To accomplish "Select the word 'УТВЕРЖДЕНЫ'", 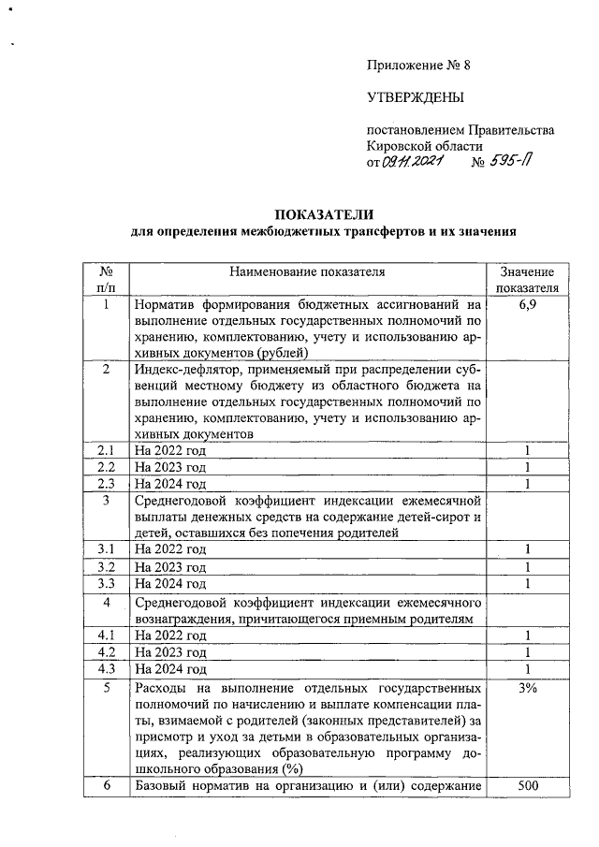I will click(x=415, y=97).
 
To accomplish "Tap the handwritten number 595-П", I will click(x=512, y=161).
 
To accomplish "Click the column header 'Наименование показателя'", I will click(x=307, y=271).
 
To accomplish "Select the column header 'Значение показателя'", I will click(x=528, y=279).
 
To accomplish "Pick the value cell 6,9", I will click(x=528, y=305).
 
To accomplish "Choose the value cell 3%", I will click(x=528, y=689).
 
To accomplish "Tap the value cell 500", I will click(x=528, y=785).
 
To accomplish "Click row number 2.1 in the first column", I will click(x=107, y=450).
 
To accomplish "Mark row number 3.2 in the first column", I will click(x=107, y=567).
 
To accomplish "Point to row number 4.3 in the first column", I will click(x=107, y=669).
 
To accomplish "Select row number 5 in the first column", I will click(x=107, y=689).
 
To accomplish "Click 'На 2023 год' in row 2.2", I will click(x=170, y=467).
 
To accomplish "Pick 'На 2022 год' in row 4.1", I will click(x=170, y=635).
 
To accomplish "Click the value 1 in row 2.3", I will click(x=528, y=483).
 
